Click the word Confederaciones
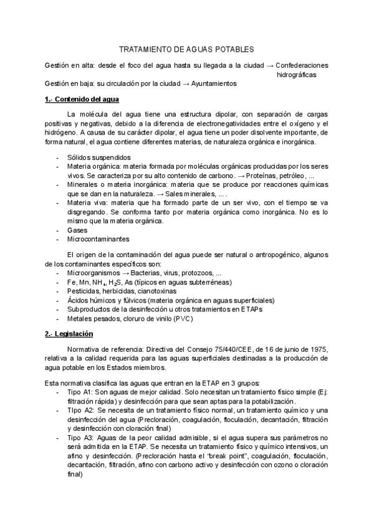302,65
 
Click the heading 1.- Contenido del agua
82,100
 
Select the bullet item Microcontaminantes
99,238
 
